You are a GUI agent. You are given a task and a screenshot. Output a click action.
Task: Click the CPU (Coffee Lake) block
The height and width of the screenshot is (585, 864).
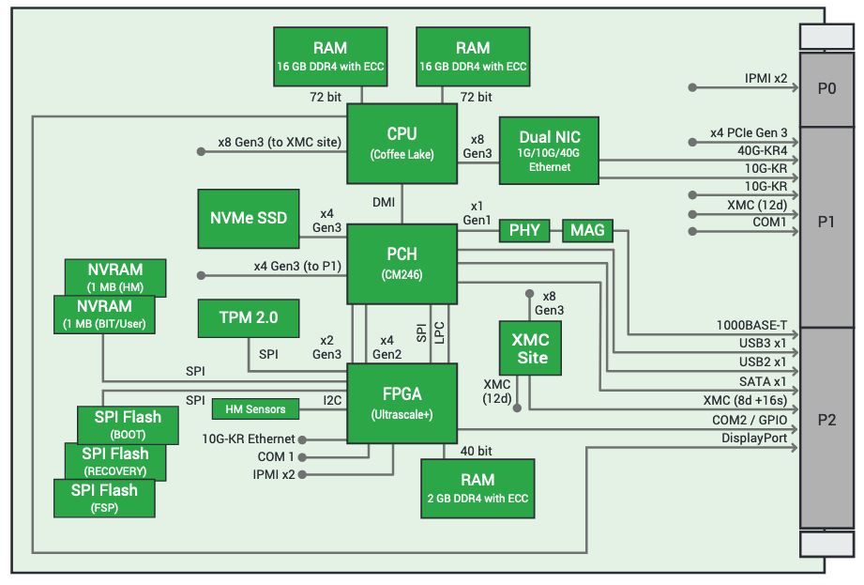tap(402, 143)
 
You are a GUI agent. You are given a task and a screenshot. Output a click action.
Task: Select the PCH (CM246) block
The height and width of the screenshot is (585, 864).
tap(402, 263)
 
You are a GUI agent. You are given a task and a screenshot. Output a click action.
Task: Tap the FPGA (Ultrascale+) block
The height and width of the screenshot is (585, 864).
tap(402, 403)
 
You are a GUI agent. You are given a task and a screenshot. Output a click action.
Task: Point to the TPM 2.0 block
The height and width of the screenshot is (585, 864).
tap(248, 317)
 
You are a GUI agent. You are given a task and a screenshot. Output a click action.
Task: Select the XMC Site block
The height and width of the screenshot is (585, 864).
tap(532, 347)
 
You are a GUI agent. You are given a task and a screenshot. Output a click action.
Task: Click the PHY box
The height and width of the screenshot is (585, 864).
tap(524, 230)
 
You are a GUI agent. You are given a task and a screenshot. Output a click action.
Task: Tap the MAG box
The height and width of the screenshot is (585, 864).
tap(587, 230)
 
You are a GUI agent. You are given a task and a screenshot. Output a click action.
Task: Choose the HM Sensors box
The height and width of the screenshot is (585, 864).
tap(255, 408)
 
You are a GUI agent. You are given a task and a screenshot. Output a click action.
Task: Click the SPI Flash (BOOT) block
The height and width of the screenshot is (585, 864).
tap(128, 424)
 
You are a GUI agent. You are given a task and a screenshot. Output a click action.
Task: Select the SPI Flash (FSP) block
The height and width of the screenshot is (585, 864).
tap(104, 498)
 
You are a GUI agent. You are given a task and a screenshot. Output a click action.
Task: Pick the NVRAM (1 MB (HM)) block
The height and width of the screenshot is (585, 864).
tap(115, 277)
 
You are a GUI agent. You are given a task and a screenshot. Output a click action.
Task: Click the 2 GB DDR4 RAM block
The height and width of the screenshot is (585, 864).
tap(477, 487)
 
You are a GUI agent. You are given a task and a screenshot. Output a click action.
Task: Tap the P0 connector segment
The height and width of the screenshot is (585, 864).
tap(826, 88)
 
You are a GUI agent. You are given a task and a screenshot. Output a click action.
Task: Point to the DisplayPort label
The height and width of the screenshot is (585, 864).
tap(754, 439)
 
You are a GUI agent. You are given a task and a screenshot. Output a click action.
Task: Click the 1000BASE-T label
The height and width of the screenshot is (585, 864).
tap(751, 326)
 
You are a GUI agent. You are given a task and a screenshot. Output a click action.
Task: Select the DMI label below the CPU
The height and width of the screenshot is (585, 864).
tap(383, 202)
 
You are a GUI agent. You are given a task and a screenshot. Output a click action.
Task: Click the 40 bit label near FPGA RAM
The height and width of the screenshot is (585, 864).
tap(476, 451)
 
